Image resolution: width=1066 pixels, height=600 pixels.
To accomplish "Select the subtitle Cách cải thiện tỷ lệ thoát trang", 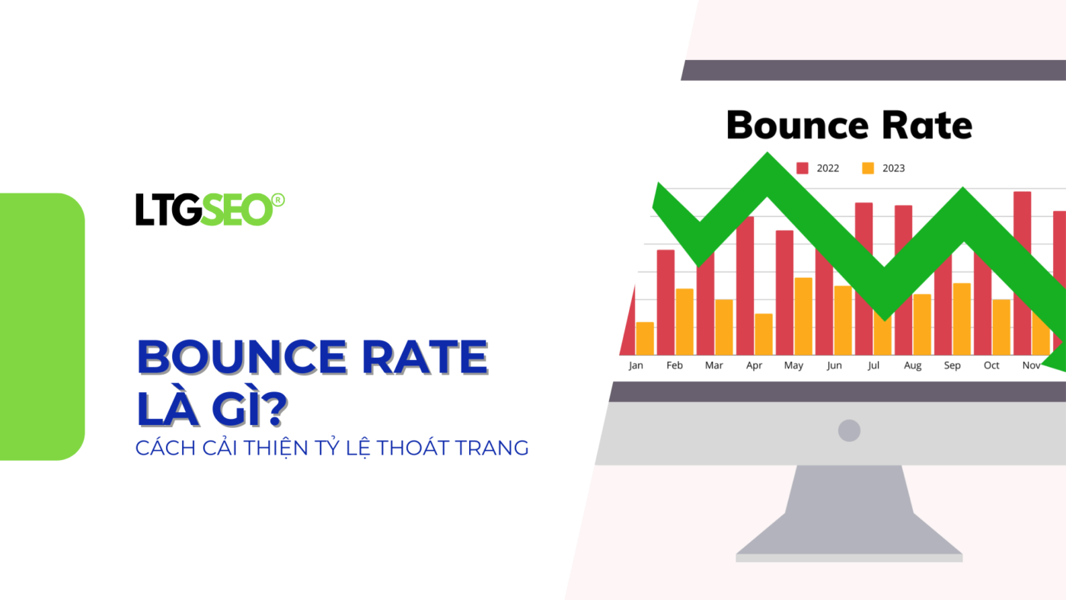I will pyautogui.click(x=332, y=448).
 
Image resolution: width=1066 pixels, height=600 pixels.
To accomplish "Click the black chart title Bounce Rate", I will pyautogui.click(x=849, y=125).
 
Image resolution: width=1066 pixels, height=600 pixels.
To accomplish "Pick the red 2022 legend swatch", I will pyautogui.click(x=802, y=168).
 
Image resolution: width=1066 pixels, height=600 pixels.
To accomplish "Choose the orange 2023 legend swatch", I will pyautogui.click(x=868, y=168).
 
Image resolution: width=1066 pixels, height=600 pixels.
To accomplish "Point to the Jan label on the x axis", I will pyautogui.click(x=636, y=365).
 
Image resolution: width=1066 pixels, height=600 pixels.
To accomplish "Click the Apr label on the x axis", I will pyautogui.click(x=754, y=365).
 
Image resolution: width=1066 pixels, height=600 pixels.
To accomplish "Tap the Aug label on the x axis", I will pyautogui.click(x=912, y=365).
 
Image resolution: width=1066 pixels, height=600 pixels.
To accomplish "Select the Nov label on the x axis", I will pyautogui.click(x=1031, y=365).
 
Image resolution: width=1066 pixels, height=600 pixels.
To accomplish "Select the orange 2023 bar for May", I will pyautogui.click(x=803, y=316).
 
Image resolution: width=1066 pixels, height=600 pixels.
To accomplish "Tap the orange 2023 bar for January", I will pyautogui.click(x=645, y=338).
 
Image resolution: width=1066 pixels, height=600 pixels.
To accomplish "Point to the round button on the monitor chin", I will pyautogui.click(x=849, y=431).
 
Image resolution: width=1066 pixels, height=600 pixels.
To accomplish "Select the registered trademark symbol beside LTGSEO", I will pyautogui.click(x=278, y=199).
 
